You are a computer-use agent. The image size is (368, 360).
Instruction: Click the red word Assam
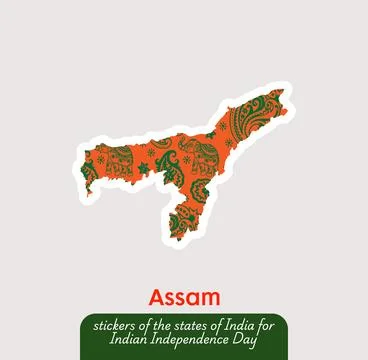tap(183, 297)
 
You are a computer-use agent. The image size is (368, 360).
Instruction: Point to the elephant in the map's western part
tap(118, 159)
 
